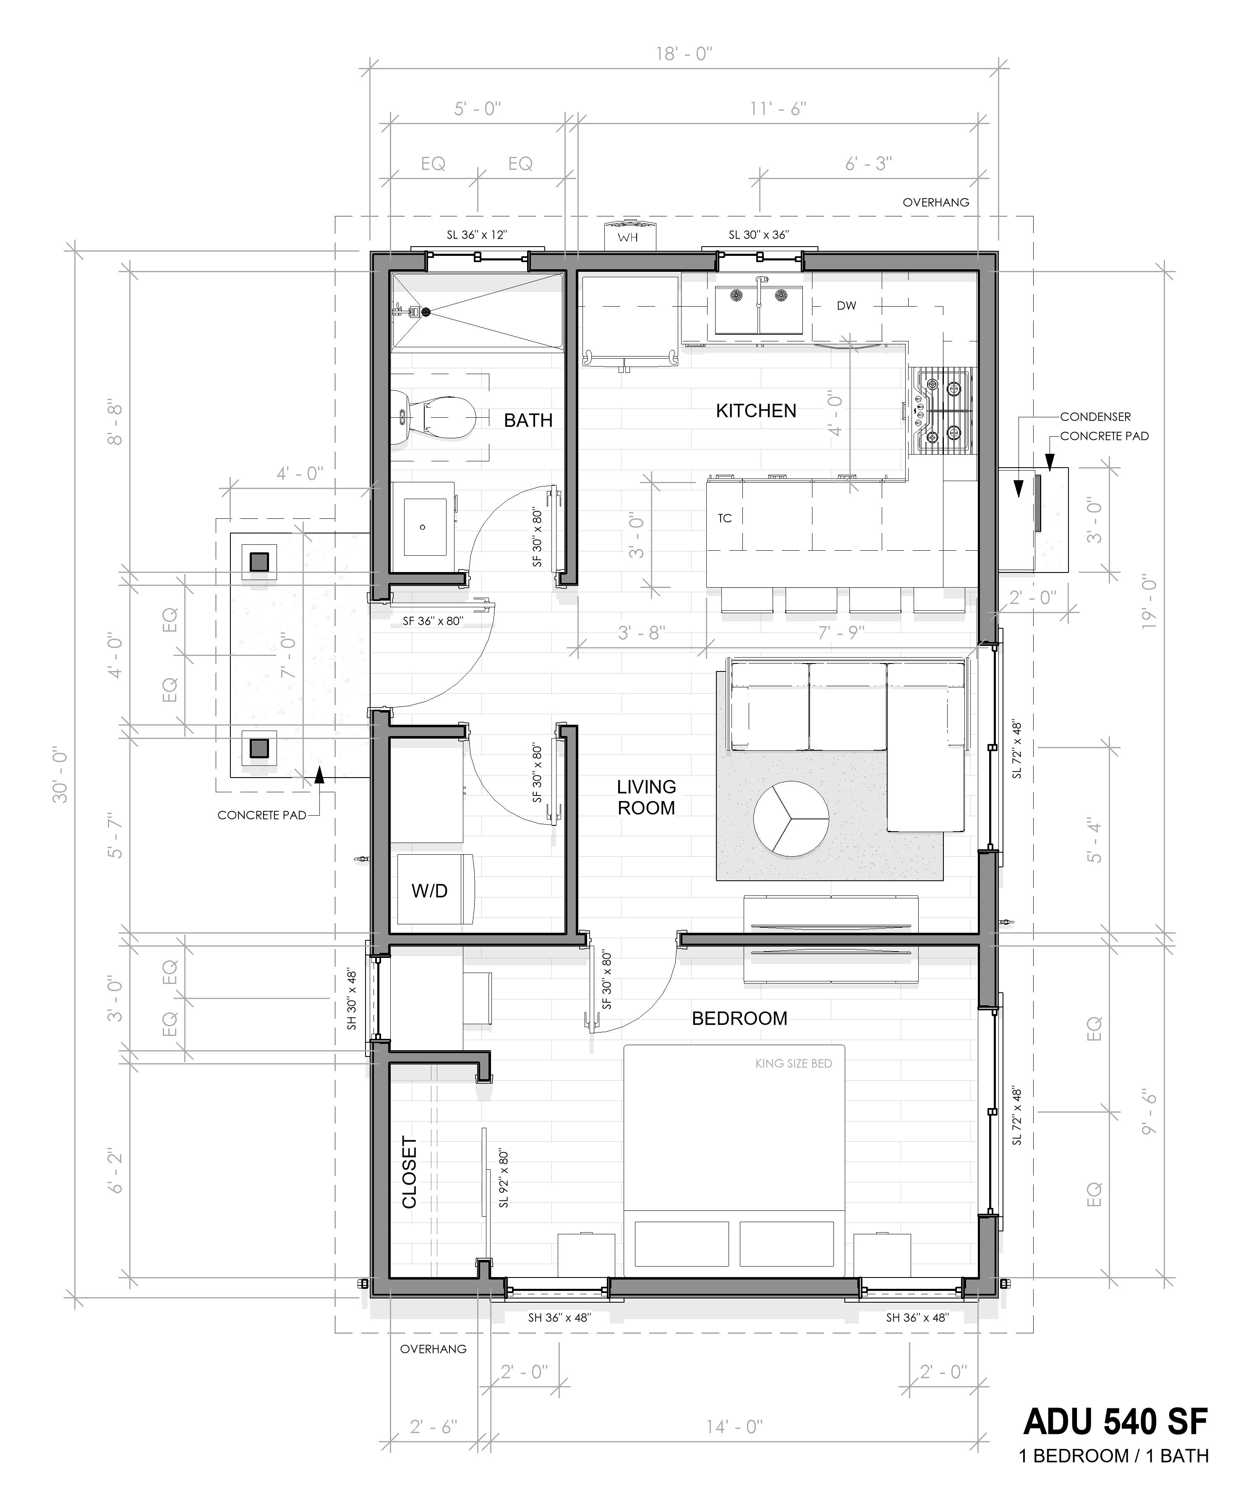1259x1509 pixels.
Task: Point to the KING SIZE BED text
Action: coord(793,1064)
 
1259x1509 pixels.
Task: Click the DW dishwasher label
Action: coord(846,305)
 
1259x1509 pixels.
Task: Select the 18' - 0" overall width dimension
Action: coord(683,54)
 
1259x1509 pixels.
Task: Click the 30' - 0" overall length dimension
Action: coord(60,775)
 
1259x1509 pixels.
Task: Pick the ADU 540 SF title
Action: coord(1115,1421)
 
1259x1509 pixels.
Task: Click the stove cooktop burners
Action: coord(943,411)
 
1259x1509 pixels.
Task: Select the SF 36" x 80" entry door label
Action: coord(432,621)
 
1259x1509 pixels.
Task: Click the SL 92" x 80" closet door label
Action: coord(503,1179)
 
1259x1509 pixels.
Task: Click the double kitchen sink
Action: coord(759,310)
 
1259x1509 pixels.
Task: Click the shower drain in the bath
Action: coord(426,311)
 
